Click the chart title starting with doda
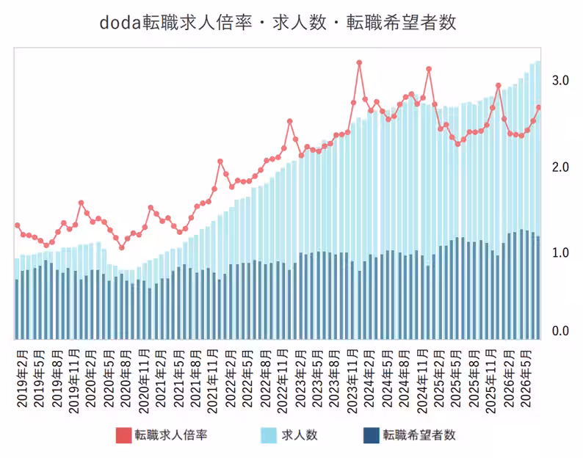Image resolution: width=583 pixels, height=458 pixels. coord(278,22)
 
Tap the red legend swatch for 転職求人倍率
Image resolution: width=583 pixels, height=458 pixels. coord(124,435)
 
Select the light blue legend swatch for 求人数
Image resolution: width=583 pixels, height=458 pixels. coord(269,435)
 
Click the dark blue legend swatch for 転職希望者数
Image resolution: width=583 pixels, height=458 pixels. coord(371,435)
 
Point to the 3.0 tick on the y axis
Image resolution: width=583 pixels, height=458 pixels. coord(560,80)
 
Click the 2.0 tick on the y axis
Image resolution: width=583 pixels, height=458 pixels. coord(560,167)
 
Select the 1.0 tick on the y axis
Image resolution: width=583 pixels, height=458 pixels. coord(560,252)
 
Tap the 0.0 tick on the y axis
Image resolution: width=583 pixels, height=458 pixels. coord(560,331)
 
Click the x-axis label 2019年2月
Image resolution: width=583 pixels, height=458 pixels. coord(23,379)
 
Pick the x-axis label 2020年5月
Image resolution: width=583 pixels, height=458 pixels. coord(109,379)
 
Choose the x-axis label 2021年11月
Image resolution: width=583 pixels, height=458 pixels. coord(212,382)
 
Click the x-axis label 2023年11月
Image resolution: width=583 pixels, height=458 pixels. coord(352,382)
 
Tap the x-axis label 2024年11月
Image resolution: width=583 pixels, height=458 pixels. coord(422,382)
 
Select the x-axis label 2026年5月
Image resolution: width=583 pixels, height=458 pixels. coord(526,379)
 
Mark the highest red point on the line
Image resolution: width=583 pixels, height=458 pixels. coord(359,63)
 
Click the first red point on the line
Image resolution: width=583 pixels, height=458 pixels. coord(17,225)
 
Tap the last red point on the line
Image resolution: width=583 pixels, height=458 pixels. coord(538,107)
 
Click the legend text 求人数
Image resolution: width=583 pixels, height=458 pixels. coord(300,435)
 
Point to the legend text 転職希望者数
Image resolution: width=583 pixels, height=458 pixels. coord(419,435)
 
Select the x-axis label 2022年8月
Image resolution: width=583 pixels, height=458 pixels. coord(266,379)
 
